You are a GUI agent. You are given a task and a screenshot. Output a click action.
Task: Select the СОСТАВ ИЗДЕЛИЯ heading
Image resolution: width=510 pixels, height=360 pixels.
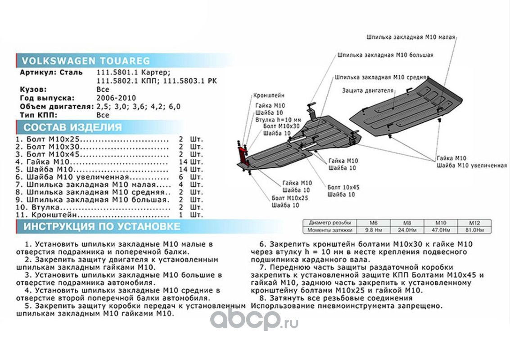coord(72,127)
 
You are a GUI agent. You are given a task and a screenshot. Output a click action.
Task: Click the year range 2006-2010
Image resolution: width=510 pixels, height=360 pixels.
coord(116,98)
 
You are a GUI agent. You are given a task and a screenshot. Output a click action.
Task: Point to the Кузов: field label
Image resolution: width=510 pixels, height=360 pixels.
coord(33,89)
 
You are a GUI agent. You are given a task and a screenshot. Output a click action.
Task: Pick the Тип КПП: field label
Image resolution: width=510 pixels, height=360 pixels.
coord(39,115)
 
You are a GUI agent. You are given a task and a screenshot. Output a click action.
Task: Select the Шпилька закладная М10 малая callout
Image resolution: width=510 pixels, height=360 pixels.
coord(411,37)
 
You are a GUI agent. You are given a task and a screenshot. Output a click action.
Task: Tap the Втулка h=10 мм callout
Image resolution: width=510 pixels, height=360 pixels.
coord(277,120)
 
